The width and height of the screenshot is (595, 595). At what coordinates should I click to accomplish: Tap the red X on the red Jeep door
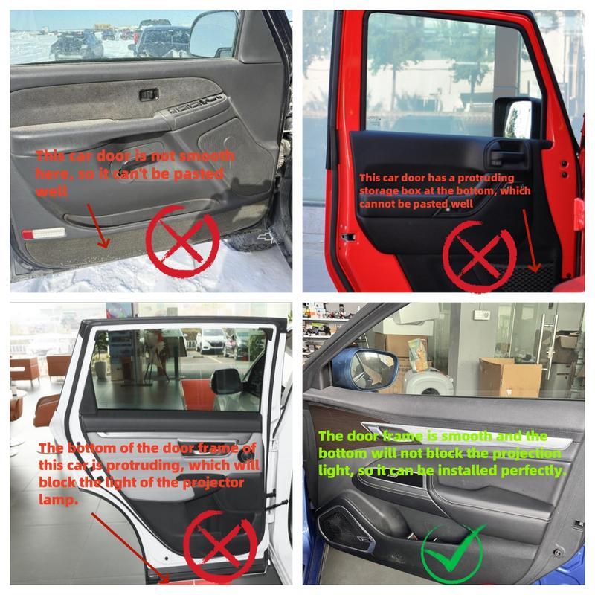[x=478, y=253]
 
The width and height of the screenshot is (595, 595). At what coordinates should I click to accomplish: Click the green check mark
[x=451, y=552]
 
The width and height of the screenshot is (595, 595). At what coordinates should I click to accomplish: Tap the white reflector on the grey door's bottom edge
[x=44, y=234]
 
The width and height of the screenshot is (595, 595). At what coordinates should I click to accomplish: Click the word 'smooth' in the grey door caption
[x=210, y=155]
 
